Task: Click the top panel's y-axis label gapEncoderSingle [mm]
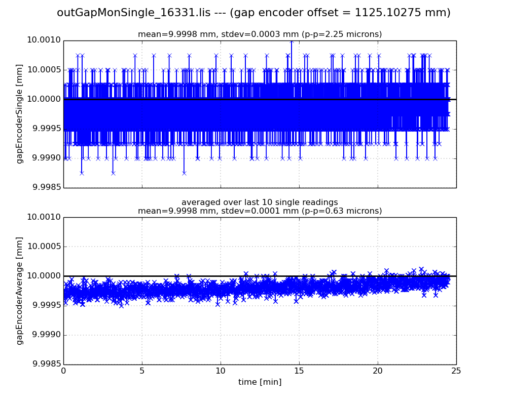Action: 20,113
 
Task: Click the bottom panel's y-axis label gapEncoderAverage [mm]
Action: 20,291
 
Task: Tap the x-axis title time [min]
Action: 260,382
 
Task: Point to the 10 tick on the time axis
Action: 221,371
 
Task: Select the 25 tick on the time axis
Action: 456,371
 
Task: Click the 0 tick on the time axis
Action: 63,371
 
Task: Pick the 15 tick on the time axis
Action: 299,371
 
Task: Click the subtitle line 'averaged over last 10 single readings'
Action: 260,202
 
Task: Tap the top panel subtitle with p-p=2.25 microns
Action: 260,34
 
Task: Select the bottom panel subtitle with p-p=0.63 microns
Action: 260,211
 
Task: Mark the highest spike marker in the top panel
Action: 291,41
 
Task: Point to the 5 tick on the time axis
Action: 142,371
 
